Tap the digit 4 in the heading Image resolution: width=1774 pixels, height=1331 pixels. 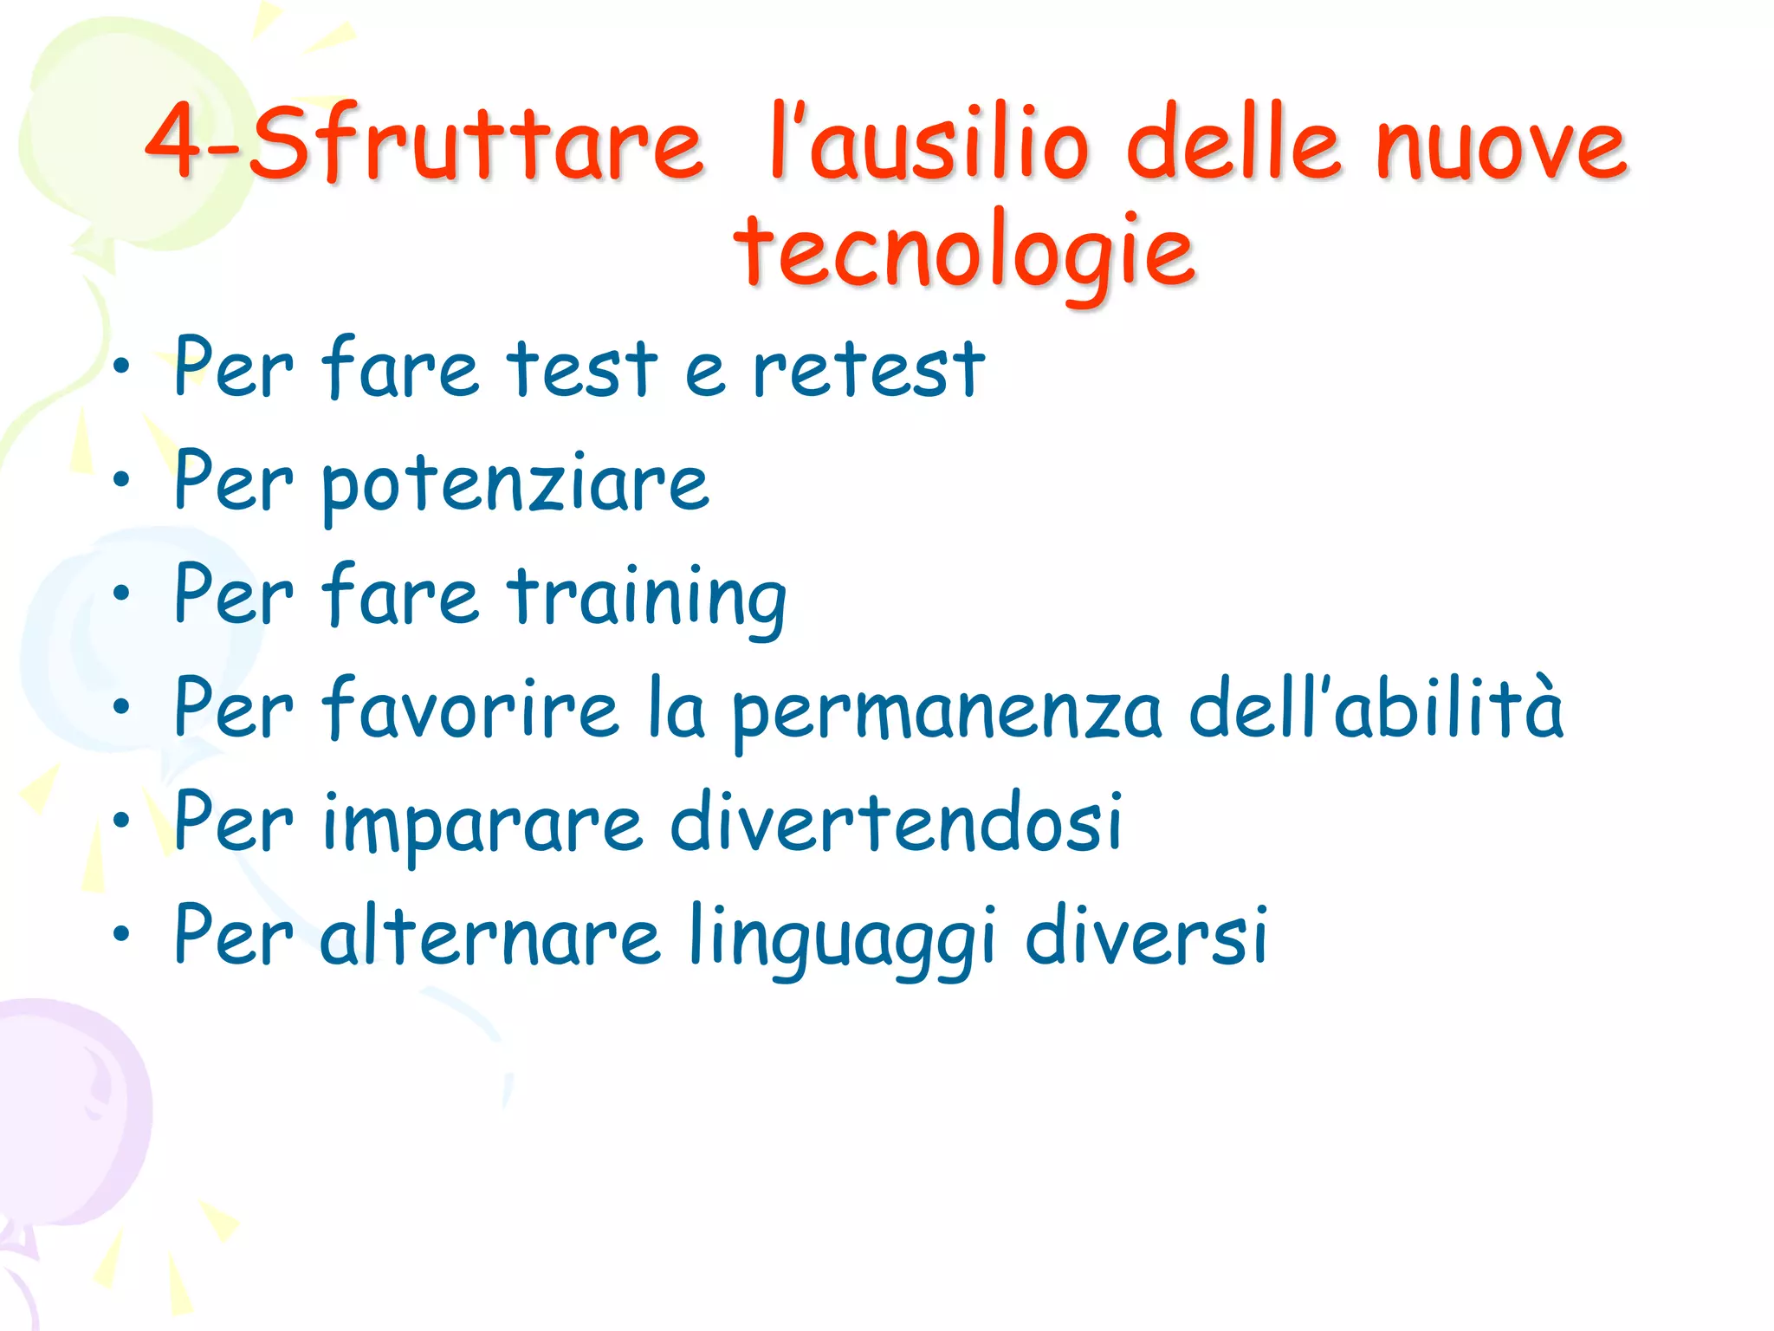coord(176,140)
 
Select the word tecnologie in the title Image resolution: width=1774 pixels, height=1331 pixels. coord(965,251)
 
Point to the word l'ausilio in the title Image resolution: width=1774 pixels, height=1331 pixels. coord(927,143)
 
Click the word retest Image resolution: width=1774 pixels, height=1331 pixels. coord(869,370)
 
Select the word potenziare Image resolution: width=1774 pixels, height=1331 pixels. coord(515,485)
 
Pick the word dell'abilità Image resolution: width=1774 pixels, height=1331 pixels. coord(1376,709)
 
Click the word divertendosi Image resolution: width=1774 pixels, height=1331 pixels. coord(897,823)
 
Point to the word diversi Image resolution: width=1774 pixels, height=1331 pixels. coord(1147,936)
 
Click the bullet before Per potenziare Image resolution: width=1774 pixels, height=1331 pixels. coord(121,478)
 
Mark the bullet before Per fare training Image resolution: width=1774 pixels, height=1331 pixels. coord(121,593)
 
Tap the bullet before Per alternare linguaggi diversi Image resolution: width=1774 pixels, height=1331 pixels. coord(121,933)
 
